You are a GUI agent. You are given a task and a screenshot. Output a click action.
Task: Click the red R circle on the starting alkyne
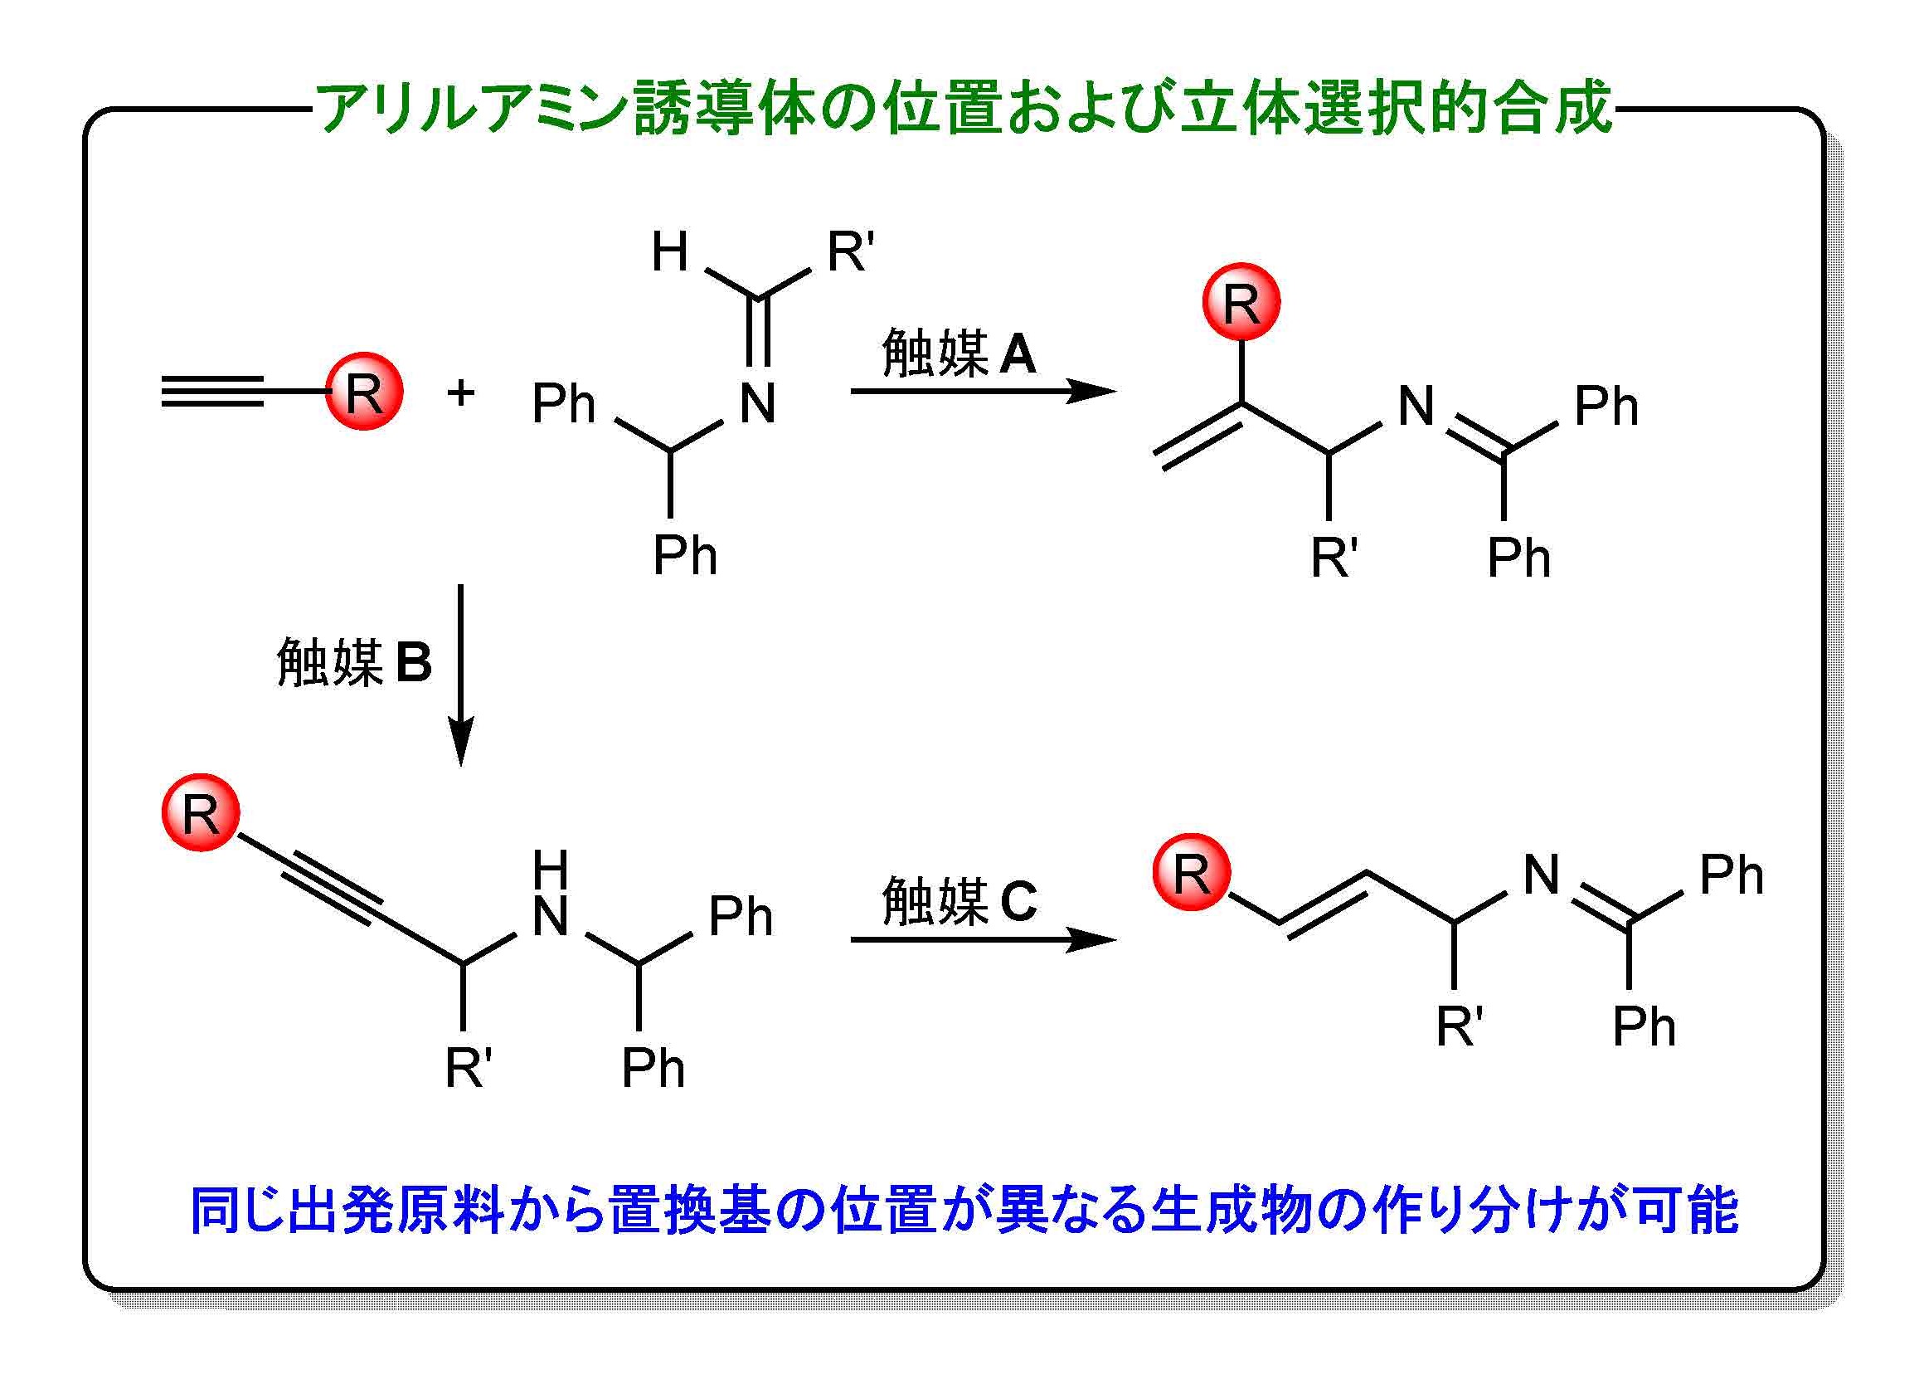[365, 391]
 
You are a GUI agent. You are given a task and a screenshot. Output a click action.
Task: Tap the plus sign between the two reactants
[461, 392]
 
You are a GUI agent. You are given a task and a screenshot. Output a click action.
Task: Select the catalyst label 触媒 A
[958, 353]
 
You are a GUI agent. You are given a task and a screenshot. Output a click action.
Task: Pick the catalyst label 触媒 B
[354, 662]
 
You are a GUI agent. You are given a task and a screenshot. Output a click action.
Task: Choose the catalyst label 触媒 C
[959, 900]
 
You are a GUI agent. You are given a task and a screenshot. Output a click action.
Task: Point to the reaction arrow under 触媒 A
[983, 391]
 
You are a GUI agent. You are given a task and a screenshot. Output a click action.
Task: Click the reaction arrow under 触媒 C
[983, 938]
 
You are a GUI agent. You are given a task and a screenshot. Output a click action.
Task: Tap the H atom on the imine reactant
[669, 251]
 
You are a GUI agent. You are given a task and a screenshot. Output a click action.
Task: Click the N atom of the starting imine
[757, 404]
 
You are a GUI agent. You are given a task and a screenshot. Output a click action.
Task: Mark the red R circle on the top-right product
[1241, 302]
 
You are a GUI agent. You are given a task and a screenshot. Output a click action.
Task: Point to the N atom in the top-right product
[1416, 406]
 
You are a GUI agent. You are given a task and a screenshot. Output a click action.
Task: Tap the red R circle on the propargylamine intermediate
[201, 812]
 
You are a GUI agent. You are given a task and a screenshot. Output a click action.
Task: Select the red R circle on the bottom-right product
[1192, 872]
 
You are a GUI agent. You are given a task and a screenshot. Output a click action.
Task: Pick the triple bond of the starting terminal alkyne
[211, 391]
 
